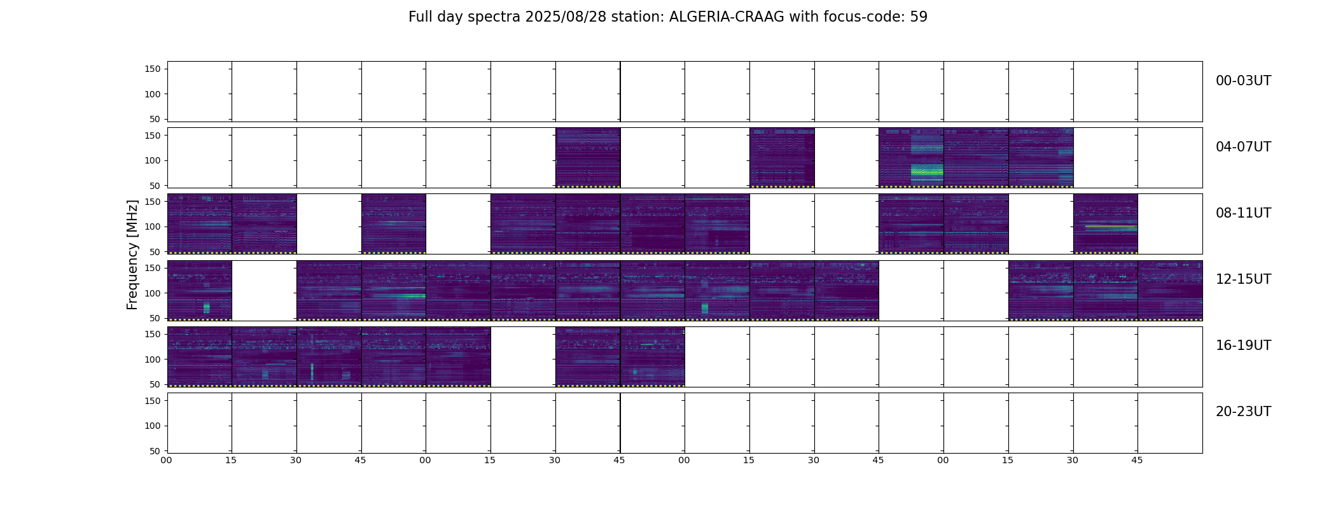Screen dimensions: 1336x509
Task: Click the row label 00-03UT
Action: [x=1243, y=81]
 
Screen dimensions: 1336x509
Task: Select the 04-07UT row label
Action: [x=1243, y=147]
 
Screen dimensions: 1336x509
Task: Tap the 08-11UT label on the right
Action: [x=1243, y=213]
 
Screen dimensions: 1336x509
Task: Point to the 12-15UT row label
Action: [x=1243, y=279]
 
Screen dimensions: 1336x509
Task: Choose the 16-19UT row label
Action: [x=1243, y=345]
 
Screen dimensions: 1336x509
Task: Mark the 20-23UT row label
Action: [x=1243, y=412]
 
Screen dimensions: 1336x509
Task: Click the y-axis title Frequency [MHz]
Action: [x=132, y=254]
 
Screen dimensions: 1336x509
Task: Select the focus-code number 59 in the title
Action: [x=919, y=17]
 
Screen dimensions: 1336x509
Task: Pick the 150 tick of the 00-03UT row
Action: [x=153, y=69]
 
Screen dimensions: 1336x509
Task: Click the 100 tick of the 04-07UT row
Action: [x=153, y=160]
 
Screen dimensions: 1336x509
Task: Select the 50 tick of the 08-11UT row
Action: [x=155, y=252]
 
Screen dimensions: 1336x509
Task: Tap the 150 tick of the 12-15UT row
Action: [x=153, y=268]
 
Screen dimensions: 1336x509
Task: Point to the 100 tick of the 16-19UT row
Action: [x=153, y=359]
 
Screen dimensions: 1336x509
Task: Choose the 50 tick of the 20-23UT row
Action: [x=155, y=451]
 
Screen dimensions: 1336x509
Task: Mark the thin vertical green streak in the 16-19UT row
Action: [x=312, y=372]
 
